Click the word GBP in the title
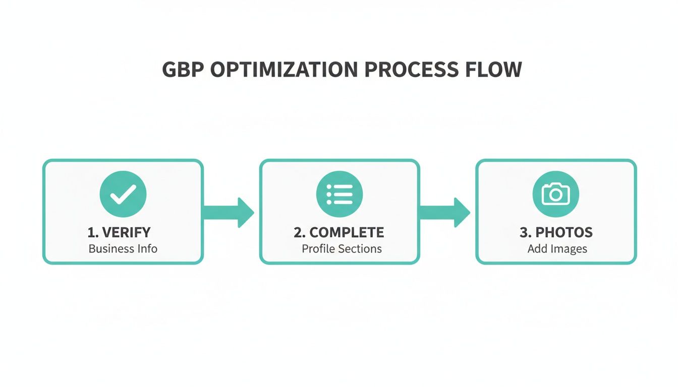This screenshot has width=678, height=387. tap(183, 70)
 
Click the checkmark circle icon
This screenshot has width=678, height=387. tap(123, 194)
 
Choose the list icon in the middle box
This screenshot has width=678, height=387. tap(340, 194)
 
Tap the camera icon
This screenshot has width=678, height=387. tap(556, 194)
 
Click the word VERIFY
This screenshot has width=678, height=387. tap(126, 232)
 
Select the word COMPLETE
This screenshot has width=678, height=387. tap(347, 232)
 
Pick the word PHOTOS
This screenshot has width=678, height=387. tap(564, 232)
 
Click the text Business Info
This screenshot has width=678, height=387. tap(123, 248)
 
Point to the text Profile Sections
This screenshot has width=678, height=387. tap(342, 248)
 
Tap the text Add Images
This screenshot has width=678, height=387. tap(557, 248)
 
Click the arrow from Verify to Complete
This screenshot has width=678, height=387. tap(228, 212)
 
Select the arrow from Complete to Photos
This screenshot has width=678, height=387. tap(444, 212)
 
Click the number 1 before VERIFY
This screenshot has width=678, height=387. tap(91, 232)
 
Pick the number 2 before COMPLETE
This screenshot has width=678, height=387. tap(298, 232)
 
